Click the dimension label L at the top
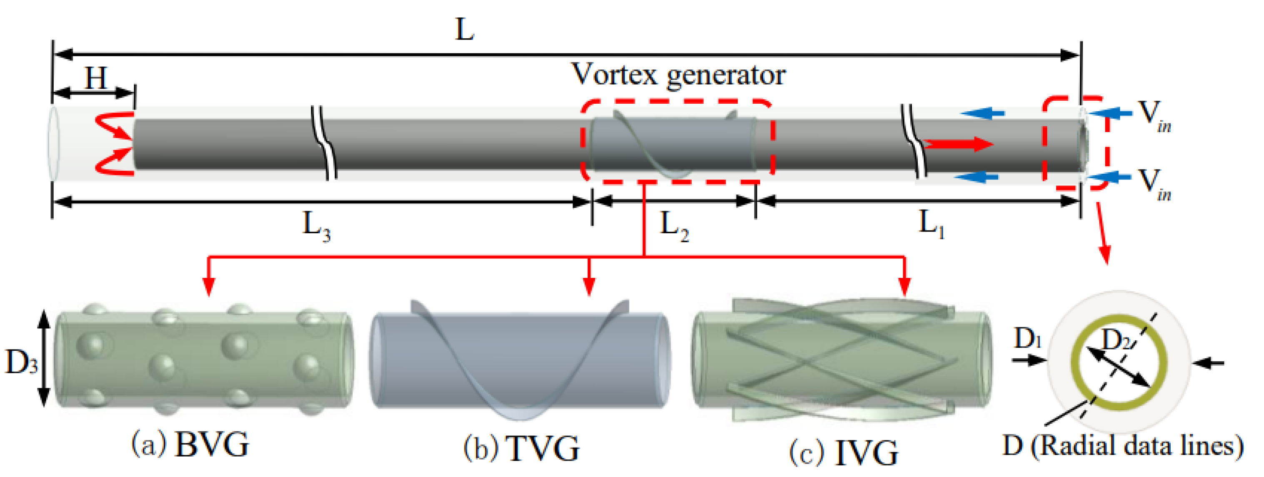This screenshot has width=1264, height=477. (x=465, y=30)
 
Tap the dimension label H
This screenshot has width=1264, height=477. (x=96, y=77)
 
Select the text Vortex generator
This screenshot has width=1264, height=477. (x=678, y=75)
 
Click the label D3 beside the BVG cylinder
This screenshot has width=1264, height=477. (x=20, y=362)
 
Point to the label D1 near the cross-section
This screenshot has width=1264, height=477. (x=1028, y=338)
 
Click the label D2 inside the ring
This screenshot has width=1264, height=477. (x=1116, y=339)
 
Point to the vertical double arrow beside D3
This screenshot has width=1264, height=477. (x=44, y=358)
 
